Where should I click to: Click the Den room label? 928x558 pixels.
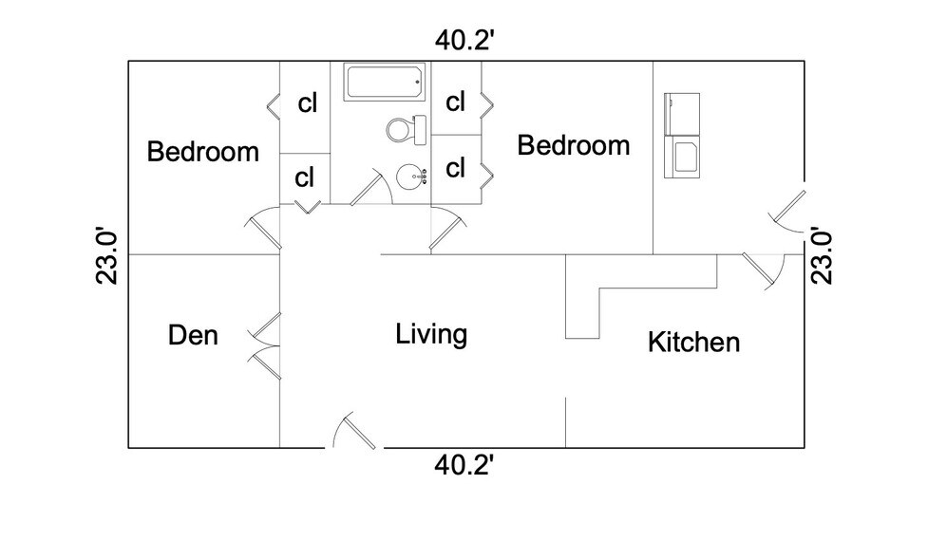click(x=193, y=335)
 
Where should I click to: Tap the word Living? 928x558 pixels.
click(x=431, y=335)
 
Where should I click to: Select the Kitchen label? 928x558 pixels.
click(x=693, y=343)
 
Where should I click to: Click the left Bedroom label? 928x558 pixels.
click(x=203, y=151)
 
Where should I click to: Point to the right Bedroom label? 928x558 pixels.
click(x=574, y=145)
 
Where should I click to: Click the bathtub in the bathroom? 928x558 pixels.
click(x=384, y=83)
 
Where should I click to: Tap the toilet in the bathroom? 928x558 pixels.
click(x=406, y=130)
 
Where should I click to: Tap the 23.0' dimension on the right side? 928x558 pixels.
click(x=822, y=255)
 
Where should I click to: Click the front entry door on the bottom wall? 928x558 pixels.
click(x=354, y=430)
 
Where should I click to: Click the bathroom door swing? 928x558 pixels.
click(x=371, y=186)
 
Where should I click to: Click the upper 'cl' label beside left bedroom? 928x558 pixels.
click(x=308, y=103)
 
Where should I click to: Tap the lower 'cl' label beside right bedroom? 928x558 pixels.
click(x=456, y=169)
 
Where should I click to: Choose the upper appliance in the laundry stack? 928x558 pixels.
click(x=682, y=114)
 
